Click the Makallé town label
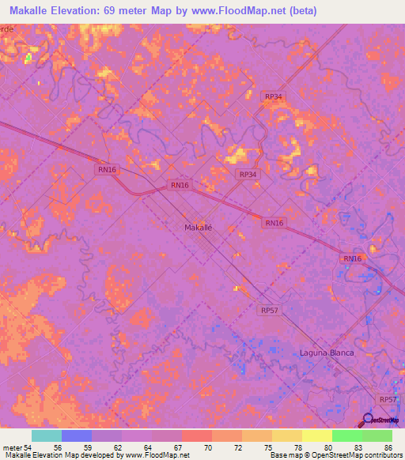tap(198, 227)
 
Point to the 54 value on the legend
tap(27, 447)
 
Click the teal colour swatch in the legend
tap(47, 435)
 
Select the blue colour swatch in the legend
tap(77, 435)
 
